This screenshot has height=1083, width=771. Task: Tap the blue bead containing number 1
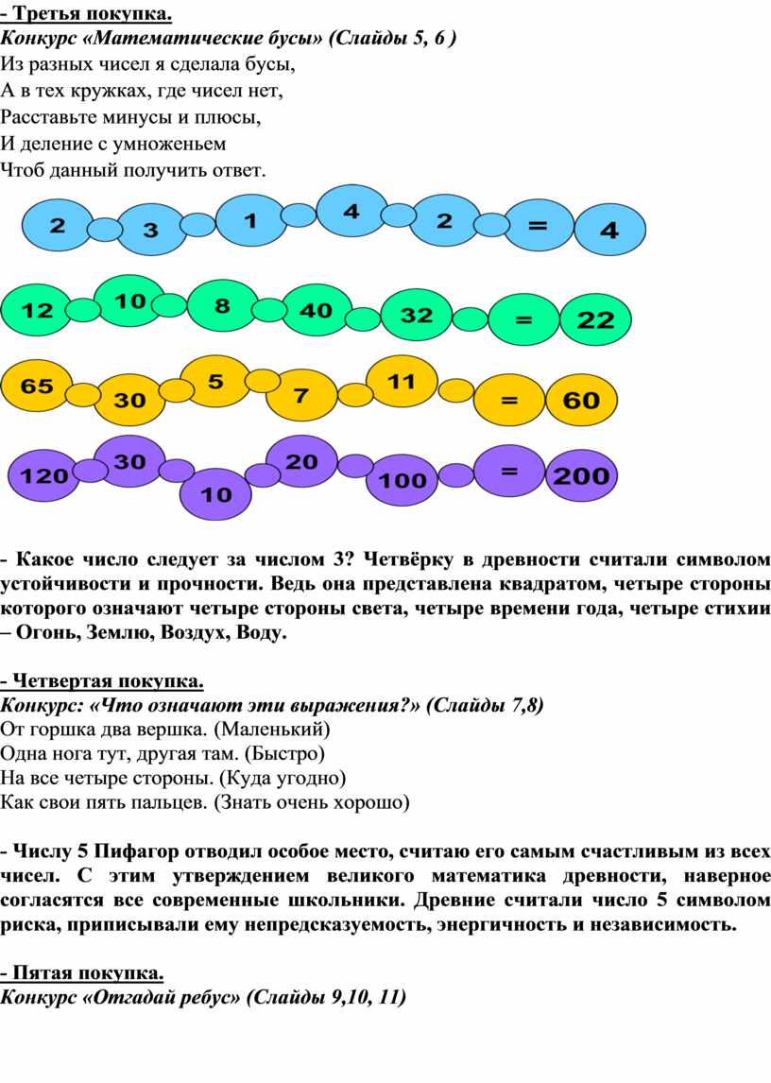pos(250,221)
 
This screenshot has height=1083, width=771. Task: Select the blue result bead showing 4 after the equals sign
pos(609,230)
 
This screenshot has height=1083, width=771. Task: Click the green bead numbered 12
pos(37,310)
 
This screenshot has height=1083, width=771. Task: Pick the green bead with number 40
pos(316,311)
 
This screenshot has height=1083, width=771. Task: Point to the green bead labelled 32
pos(417,315)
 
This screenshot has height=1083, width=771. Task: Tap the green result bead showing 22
pos(595,319)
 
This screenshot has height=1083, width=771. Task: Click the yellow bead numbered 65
pos(37,386)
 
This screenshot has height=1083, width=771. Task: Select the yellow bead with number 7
pos(301,396)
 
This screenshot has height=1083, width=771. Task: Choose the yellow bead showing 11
pos(402,381)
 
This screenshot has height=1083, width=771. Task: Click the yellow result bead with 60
pos(582,400)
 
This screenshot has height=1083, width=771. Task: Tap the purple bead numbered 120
pos(43,475)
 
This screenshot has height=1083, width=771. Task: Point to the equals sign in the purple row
pos(509,471)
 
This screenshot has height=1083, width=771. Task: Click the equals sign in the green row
pos(524,319)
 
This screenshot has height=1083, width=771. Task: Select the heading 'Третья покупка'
pos(93,14)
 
